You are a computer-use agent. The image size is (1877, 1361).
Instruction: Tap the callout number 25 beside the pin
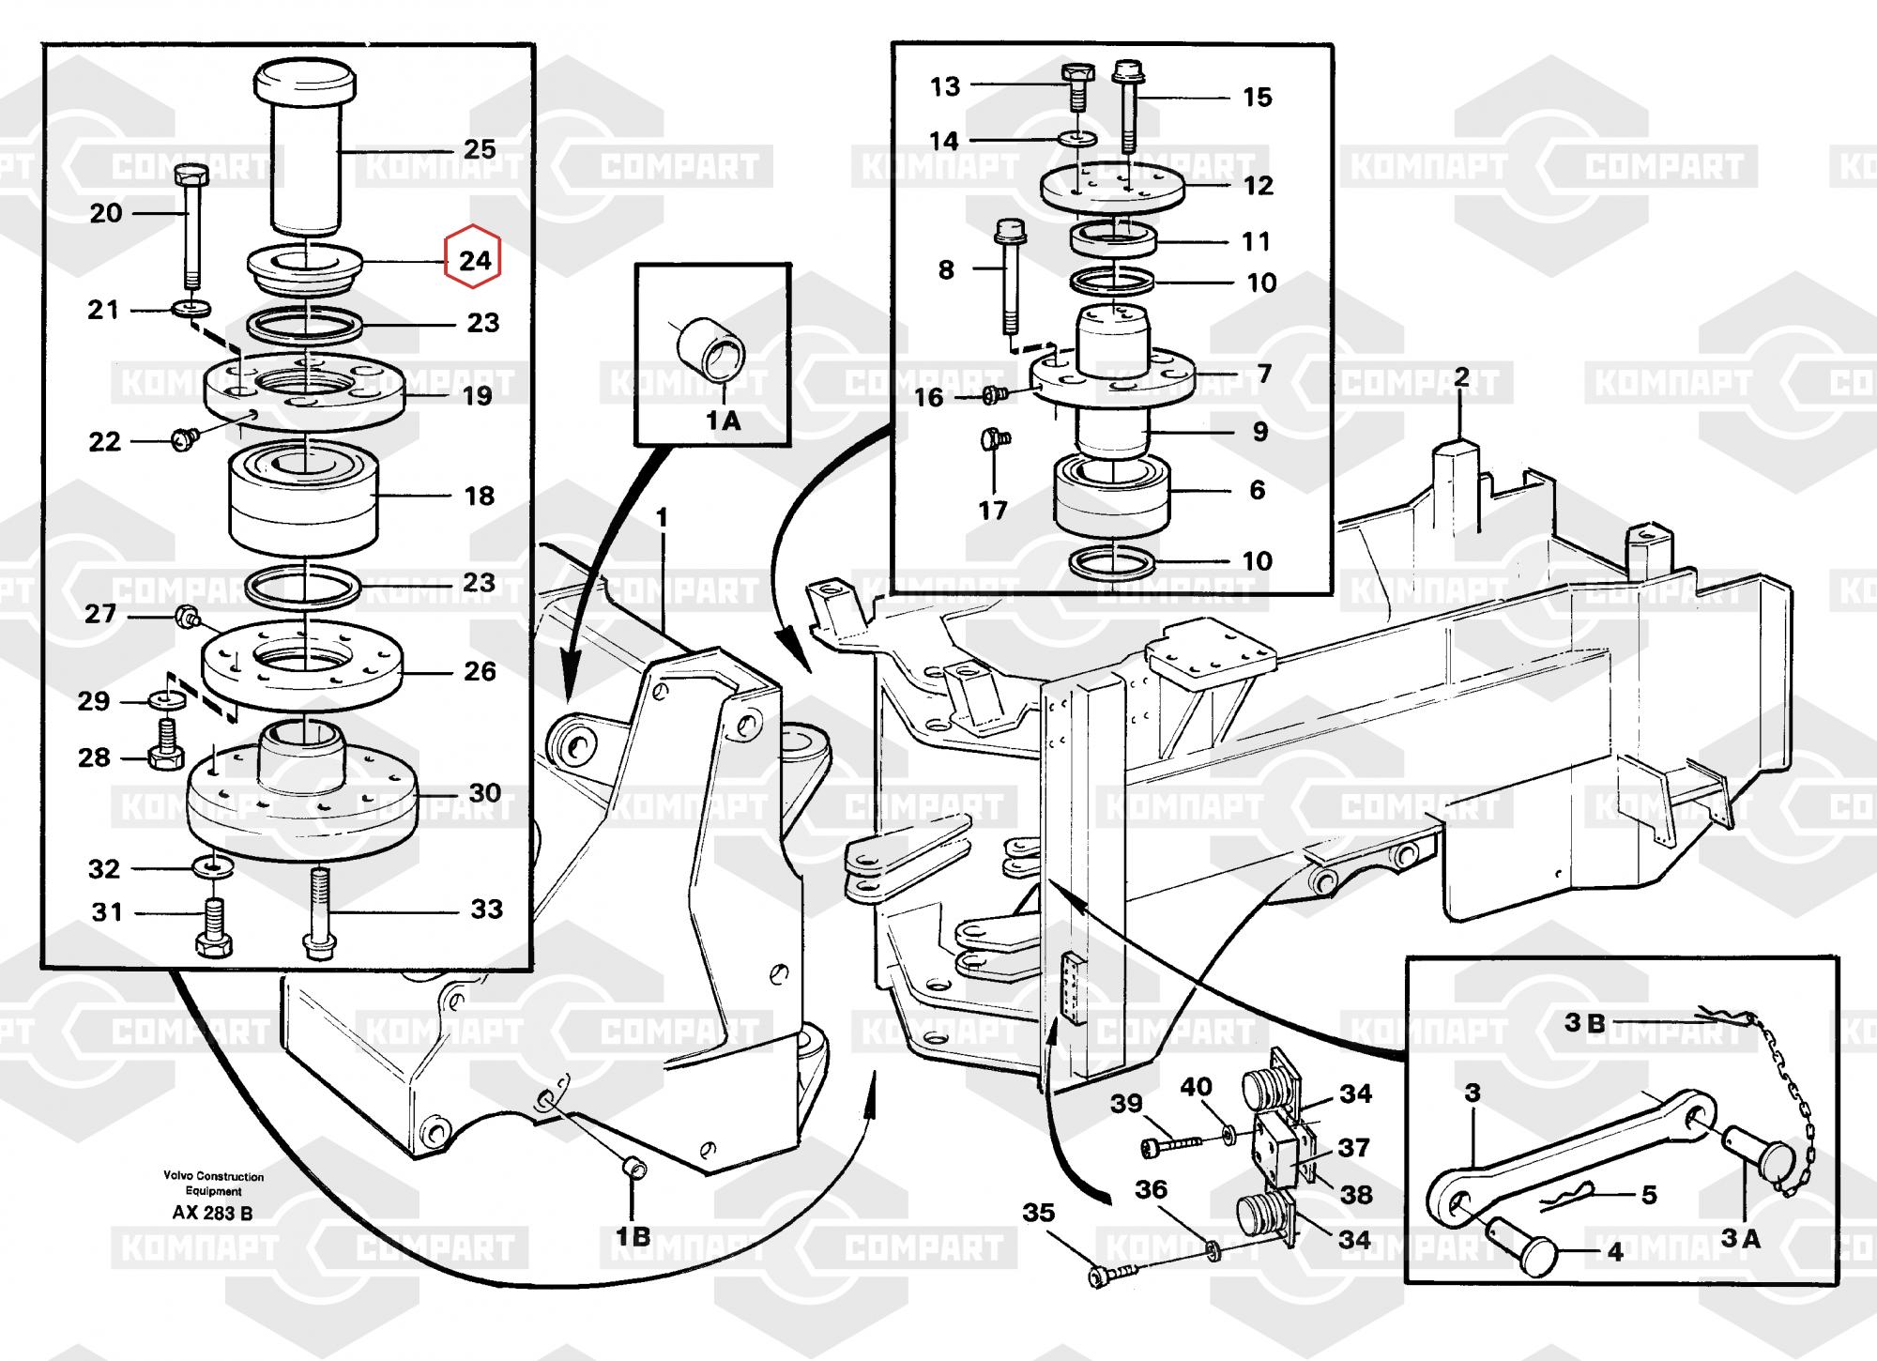[480, 149]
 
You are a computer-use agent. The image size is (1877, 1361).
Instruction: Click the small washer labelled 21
[191, 308]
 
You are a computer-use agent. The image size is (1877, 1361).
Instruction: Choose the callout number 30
[484, 793]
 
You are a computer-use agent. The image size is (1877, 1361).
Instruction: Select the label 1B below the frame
[633, 1237]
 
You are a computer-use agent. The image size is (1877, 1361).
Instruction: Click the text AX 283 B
[212, 1214]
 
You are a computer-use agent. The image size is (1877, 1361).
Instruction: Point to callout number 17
[993, 511]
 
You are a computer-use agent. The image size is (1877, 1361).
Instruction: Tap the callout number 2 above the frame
[1461, 377]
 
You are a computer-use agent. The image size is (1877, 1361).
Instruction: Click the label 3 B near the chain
[1585, 1023]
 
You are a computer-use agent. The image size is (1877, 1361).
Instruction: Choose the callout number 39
[1126, 1103]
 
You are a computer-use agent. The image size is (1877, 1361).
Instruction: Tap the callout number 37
[1354, 1147]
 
